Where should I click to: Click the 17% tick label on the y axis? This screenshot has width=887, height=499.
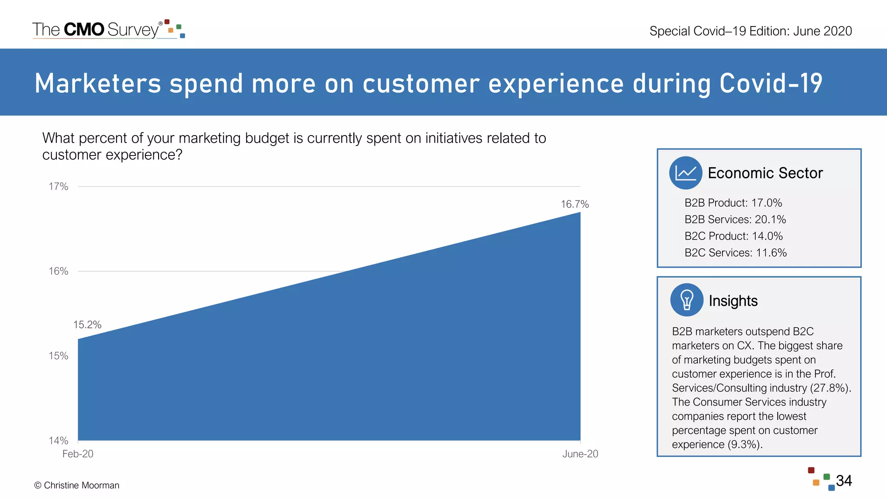(58, 187)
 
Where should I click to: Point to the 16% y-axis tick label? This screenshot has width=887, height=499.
(58, 271)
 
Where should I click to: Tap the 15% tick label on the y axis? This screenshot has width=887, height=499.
(58, 356)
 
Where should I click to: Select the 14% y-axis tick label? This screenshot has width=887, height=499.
(58, 441)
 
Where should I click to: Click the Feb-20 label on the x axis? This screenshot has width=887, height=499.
(78, 454)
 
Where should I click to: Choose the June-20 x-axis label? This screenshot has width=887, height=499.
(580, 454)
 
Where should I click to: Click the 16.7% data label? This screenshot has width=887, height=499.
(575, 204)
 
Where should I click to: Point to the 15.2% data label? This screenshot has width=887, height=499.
(87, 325)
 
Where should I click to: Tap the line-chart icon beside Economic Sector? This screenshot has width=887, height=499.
(685, 173)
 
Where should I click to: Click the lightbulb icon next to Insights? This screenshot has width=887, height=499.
(686, 300)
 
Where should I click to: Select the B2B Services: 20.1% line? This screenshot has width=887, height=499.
(735, 220)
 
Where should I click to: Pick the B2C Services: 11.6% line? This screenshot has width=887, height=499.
(735, 253)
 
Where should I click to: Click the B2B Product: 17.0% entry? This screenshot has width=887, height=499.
(733, 203)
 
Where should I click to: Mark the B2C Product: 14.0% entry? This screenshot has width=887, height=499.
(734, 237)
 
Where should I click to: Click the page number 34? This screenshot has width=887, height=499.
(844, 481)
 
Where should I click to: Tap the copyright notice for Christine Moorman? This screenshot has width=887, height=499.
(77, 486)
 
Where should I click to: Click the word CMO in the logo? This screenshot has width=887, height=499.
(84, 29)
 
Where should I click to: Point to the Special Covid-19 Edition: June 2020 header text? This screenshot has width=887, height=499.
(751, 31)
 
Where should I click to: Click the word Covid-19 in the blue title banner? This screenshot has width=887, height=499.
(770, 83)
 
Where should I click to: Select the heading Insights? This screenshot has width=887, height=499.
(733, 301)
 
